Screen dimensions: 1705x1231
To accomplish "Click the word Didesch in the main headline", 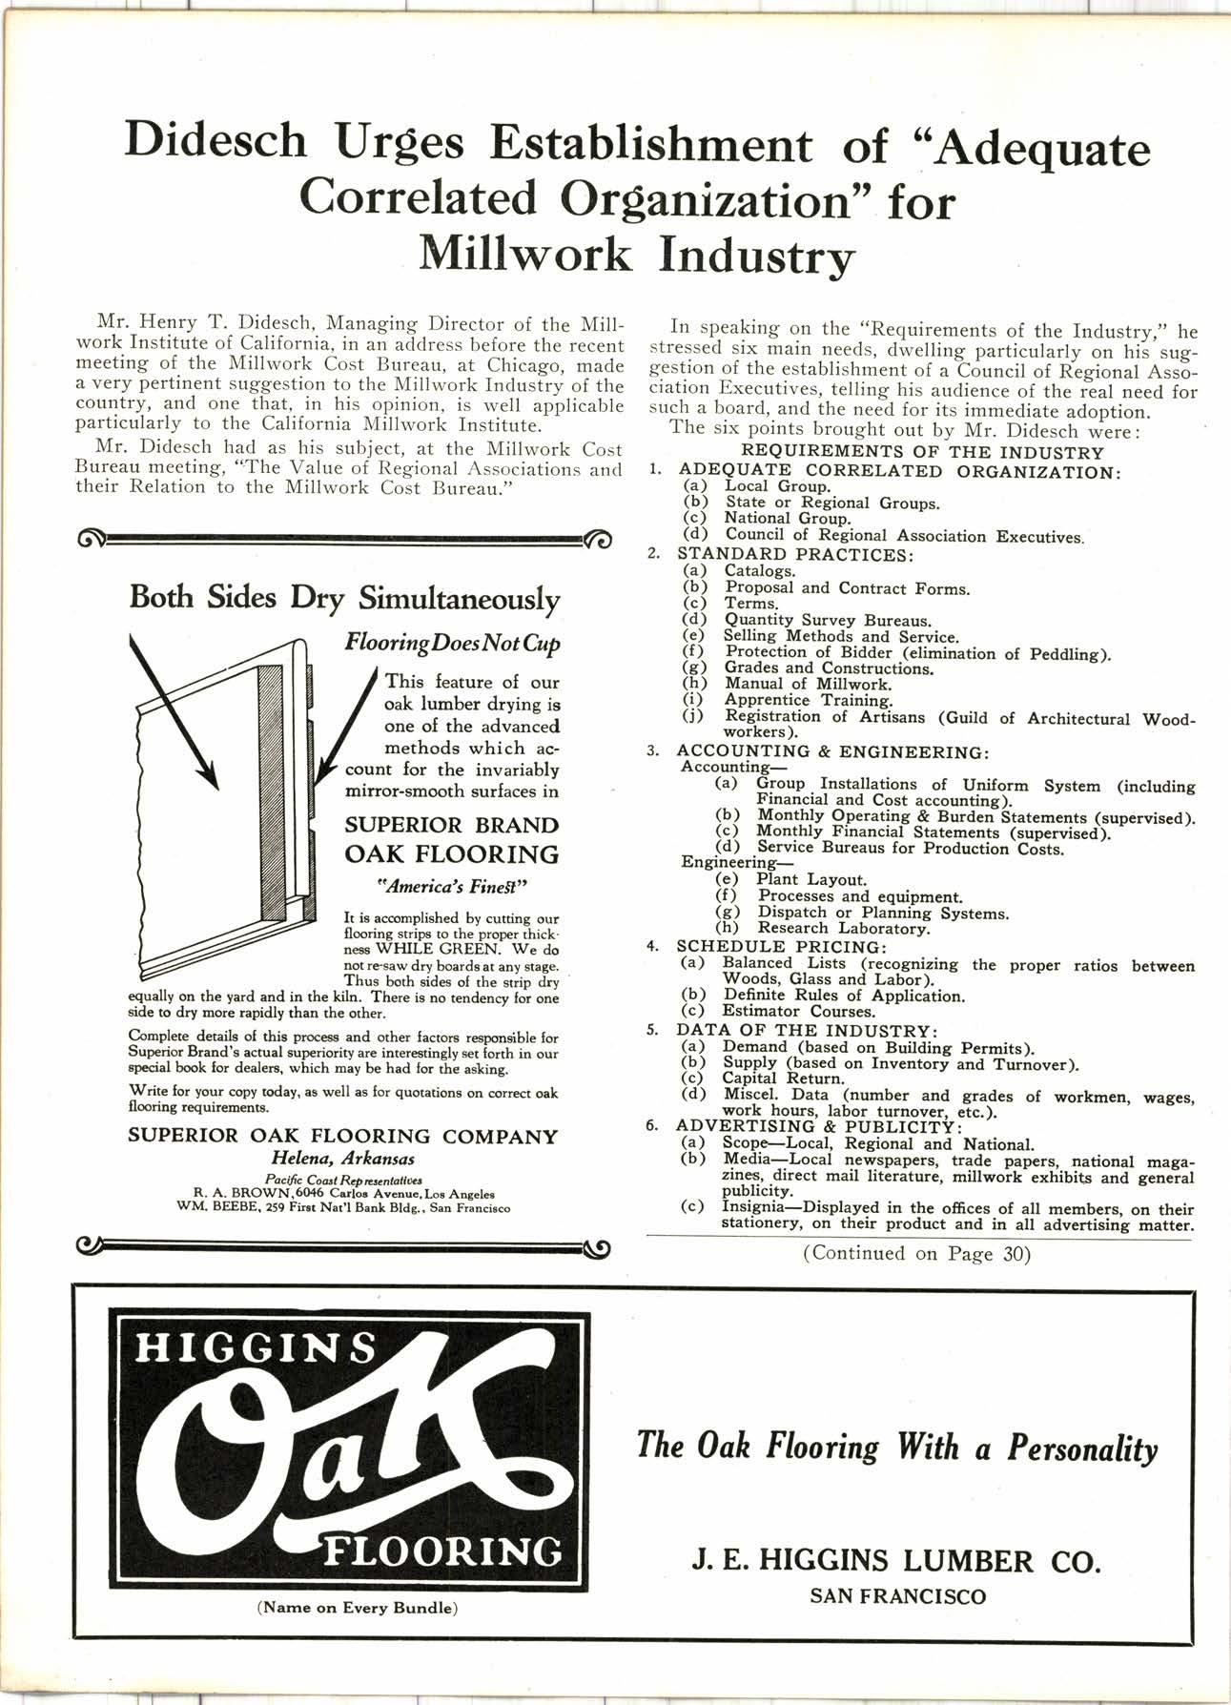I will tap(216, 143).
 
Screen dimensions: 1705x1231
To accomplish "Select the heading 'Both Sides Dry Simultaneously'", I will tap(344, 599).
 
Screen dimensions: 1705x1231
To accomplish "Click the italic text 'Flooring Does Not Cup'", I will tap(452, 644).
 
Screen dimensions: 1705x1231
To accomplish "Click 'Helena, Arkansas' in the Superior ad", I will tap(343, 1160).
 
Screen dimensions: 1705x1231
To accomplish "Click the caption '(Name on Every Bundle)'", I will tap(358, 1608).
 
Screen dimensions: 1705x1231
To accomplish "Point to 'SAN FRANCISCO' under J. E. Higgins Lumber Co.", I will tap(897, 1596).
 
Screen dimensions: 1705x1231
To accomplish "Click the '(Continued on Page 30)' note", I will tap(916, 1254).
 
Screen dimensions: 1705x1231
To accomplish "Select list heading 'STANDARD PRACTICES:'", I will tap(795, 554).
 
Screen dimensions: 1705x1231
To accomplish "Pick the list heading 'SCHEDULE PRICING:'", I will tap(782, 947).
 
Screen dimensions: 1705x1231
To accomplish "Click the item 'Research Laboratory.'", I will tap(843, 928).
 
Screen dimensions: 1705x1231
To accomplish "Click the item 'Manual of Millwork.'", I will tap(809, 684).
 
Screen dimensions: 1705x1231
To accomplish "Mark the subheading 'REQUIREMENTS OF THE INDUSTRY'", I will tap(922, 452).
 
